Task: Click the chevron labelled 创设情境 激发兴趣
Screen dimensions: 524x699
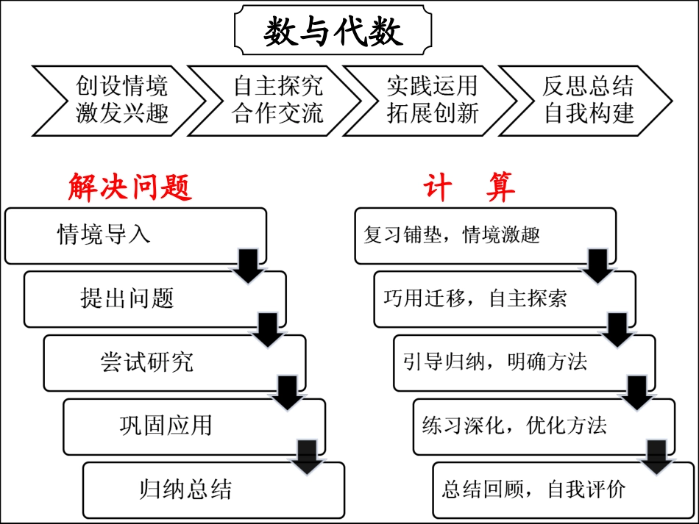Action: (121, 100)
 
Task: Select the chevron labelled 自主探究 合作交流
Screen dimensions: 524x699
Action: (277, 100)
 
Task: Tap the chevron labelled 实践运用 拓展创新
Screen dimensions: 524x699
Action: (433, 100)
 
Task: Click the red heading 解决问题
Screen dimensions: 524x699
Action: (130, 188)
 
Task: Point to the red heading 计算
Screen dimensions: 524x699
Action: (469, 188)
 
